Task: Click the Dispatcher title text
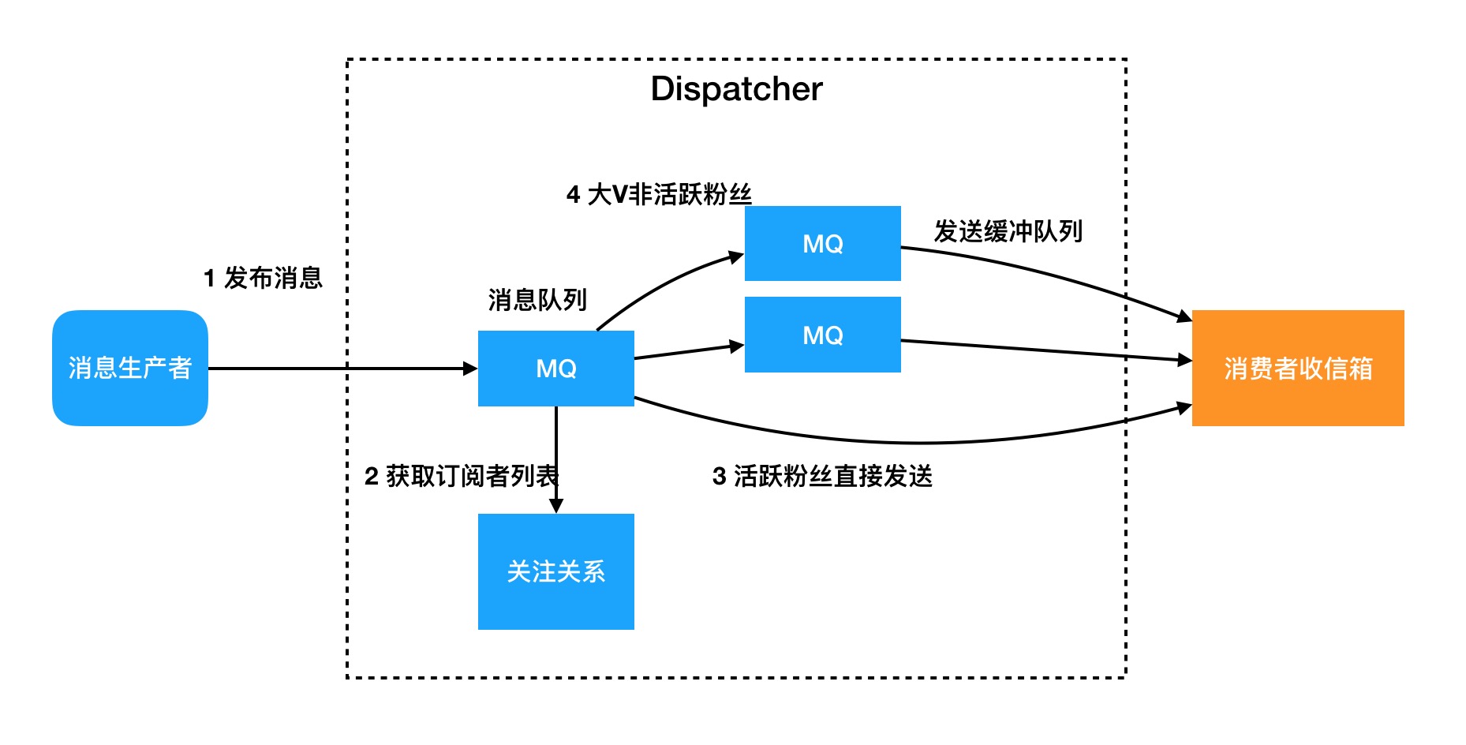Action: [736, 89]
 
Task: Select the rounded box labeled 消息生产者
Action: [130, 368]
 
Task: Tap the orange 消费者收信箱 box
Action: [1298, 368]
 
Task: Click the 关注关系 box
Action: [556, 571]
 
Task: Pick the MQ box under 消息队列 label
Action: [556, 369]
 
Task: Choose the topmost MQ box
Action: [823, 244]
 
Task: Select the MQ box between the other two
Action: [823, 335]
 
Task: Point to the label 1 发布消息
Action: [263, 278]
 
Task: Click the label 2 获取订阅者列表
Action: [462, 476]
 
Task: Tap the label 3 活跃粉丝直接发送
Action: [822, 476]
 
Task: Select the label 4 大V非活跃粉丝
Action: [659, 194]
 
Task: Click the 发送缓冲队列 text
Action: [1008, 231]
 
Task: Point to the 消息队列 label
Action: [537, 300]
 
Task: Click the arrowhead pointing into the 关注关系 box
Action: [556, 506]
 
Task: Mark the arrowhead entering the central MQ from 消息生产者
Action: [470, 369]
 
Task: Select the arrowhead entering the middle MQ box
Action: [737, 346]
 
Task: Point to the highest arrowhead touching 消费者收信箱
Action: [1184, 317]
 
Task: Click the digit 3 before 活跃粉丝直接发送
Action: [719, 477]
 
